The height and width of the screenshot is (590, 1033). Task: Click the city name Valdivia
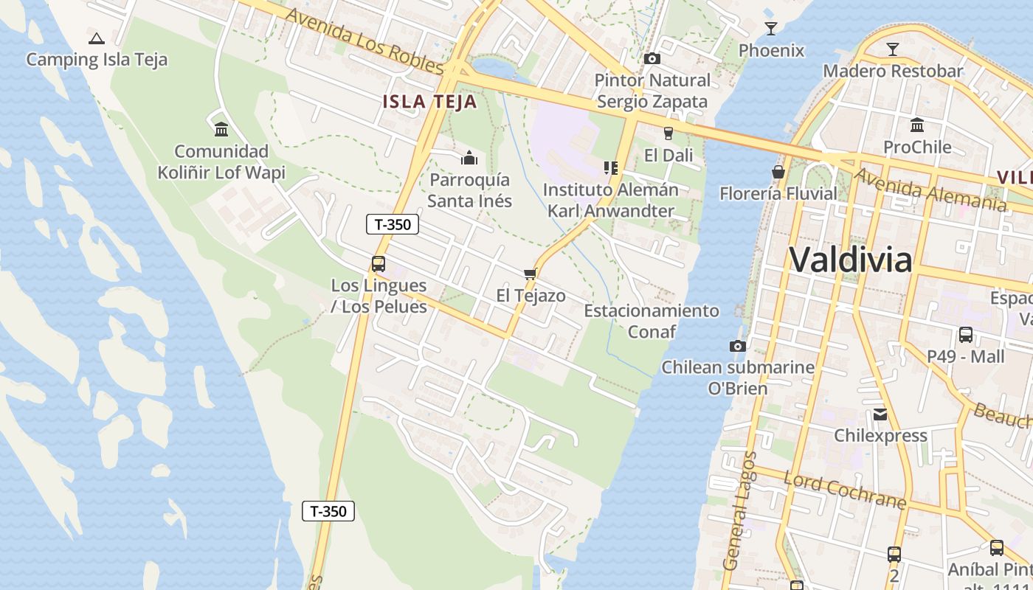(850, 260)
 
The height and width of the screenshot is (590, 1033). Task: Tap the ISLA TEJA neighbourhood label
(429, 102)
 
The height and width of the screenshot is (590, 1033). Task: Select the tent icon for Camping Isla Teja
(96, 38)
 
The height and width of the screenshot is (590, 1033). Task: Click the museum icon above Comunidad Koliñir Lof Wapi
(221, 130)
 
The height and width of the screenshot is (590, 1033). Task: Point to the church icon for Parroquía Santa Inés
(469, 158)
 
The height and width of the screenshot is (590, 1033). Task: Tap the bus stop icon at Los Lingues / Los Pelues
(379, 263)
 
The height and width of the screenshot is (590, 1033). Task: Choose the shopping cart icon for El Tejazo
(530, 274)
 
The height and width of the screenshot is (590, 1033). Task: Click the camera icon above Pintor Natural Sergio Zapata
(652, 58)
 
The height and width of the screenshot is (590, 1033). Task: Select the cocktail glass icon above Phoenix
(771, 29)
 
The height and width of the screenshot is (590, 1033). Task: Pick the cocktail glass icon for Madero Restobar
(893, 49)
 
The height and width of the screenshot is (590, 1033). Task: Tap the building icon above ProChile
(917, 125)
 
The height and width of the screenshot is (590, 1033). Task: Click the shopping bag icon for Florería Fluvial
(778, 172)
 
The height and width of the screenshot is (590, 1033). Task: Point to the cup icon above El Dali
(668, 133)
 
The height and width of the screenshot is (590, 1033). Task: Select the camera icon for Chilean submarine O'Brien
(737, 346)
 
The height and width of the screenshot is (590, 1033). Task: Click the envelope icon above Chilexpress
(880, 414)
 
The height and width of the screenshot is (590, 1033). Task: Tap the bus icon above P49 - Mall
(965, 335)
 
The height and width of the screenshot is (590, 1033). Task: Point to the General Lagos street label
(741, 510)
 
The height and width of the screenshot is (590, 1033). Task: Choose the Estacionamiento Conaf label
(652, 321)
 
